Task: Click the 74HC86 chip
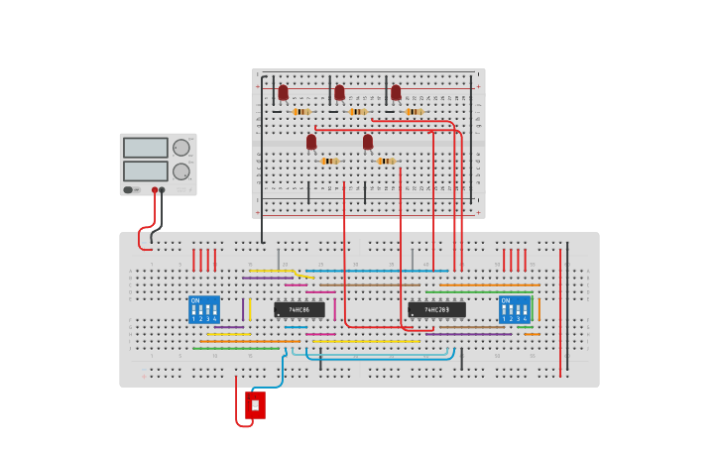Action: tap(299, 309)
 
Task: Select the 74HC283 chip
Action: tap(436, 309)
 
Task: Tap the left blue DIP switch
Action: tap(204, 309)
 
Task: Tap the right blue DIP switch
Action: tap(514, 309)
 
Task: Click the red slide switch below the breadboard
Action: tap(255, 404)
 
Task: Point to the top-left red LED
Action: tap(283, 92)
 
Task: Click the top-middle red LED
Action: tap(339, 92)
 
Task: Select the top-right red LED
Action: tap(396, 92)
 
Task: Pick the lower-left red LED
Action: tap(311, 142)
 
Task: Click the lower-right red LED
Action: tap(368, 142)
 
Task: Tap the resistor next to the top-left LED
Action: tap(301, 112)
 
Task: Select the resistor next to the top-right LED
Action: tap(415, 112)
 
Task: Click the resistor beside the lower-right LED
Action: tap(386, 161)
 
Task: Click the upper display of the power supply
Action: tap(146, 148)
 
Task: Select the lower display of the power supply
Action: tap(146, 170)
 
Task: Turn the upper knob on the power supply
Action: tap(181, 148)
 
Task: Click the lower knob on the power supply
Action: tap(181, 171)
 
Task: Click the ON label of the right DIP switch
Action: tap(506, 300)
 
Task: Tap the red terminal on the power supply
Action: tap(155, 189)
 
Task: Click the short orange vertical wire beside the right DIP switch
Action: tap(539, 309)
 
